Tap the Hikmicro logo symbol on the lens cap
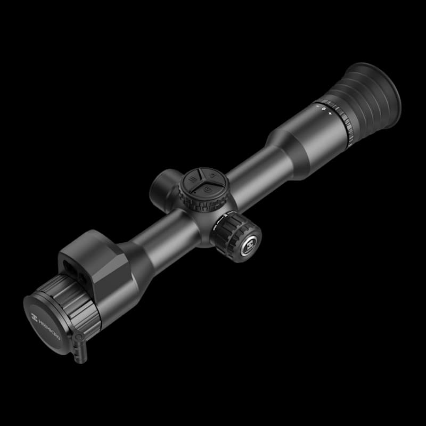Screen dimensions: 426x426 tap(35, 317)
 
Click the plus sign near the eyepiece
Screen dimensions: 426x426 tap(330, 113)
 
